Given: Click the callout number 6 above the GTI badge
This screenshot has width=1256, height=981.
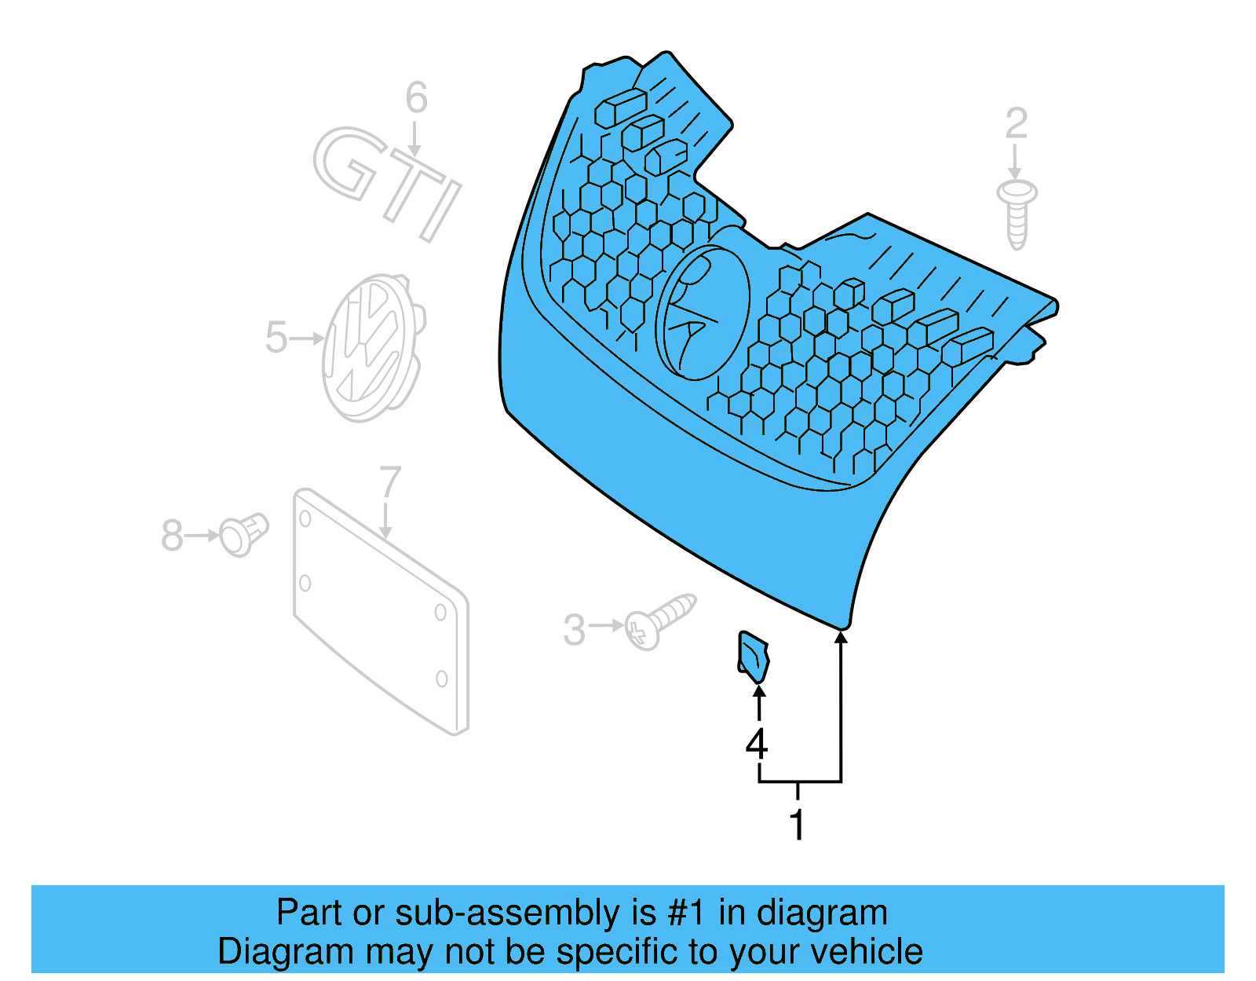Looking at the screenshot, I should [416, 98].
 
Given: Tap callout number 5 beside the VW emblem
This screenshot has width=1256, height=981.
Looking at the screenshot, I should [276, 338].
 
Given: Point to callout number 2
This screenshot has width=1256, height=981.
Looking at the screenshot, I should [1016, 124].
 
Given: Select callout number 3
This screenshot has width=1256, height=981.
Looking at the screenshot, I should [575, 630].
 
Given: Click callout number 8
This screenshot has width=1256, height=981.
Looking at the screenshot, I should [172, 536].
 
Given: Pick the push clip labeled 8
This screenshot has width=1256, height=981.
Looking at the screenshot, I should [243, 534].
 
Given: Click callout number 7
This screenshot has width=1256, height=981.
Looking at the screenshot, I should [389, 481].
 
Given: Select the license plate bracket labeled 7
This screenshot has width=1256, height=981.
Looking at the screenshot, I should [381, 613].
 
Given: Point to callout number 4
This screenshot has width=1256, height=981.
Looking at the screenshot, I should [756, 743].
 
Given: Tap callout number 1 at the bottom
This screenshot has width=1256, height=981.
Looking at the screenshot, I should [797, 825].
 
